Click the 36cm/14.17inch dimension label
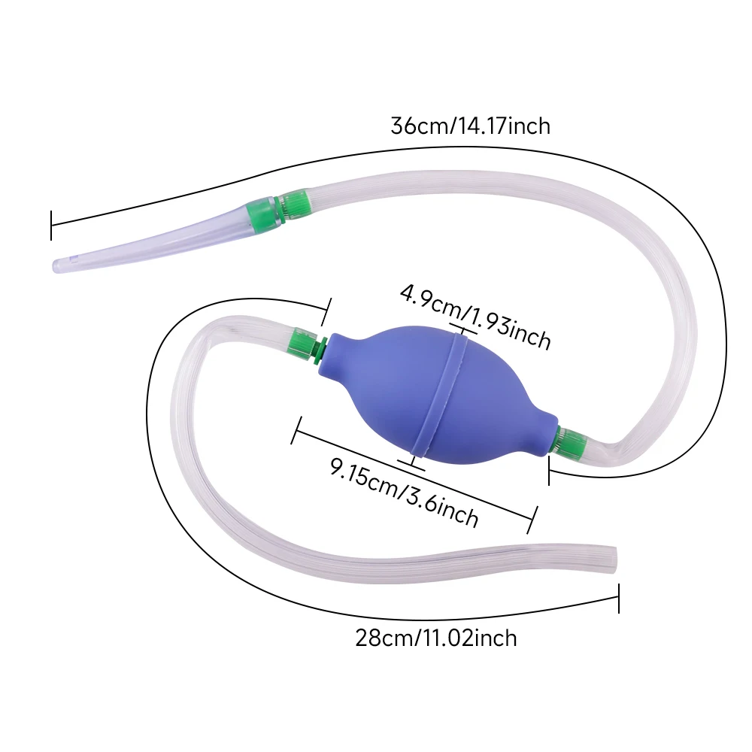click(x=470, y=126)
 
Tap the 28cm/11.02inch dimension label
click(x=436, y=638)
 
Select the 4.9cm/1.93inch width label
click(x=475, y=316)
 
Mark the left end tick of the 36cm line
click(x=51, y=225)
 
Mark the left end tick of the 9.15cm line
click(x=296, y=430)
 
